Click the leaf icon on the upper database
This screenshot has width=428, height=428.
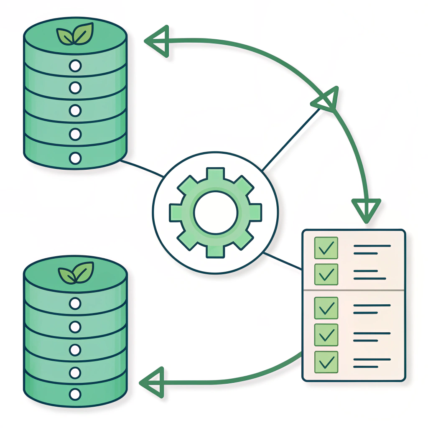[x=75, y=34]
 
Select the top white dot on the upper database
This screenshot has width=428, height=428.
[x=75, y=65]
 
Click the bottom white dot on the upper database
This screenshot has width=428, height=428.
[x=75, y=158]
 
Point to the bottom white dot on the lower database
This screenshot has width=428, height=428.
[x=75, y=394]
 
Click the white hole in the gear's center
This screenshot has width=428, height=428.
[x=215, y=213]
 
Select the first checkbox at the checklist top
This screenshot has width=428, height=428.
[x=326, y=248]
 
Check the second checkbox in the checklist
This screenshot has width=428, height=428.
[x=326, y=274]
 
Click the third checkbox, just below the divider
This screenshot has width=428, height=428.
[x=326, y=308]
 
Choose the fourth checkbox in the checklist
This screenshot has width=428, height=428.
[x=326, y=334]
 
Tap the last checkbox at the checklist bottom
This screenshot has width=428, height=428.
[x=326, y=361]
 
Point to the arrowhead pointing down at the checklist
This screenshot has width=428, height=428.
[x=366, y=209]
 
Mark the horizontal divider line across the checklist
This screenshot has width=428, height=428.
[x=354, y=290]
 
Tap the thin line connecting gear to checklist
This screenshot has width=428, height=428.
[x=283, y=261]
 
